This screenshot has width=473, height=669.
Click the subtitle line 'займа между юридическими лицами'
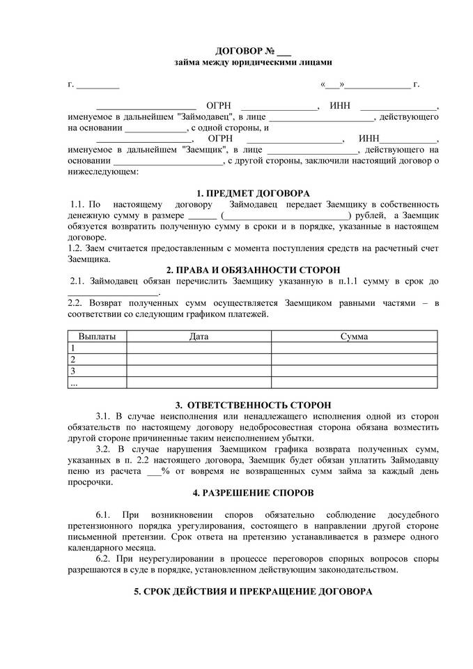[x=237, y=63]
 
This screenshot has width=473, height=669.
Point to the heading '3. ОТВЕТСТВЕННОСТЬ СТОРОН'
[x=254, y=405]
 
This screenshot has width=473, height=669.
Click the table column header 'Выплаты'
[x=97, y=337]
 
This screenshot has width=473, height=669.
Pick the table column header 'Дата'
[x=199, y=337]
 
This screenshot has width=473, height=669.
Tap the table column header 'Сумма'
[x=355, y=337]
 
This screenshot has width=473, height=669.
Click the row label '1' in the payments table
[x=72, y=348]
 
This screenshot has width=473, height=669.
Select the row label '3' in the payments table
[x=72, y=371]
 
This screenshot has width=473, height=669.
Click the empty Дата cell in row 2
[x=199, y=360]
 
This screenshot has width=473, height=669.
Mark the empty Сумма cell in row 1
[x=355, y=348]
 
